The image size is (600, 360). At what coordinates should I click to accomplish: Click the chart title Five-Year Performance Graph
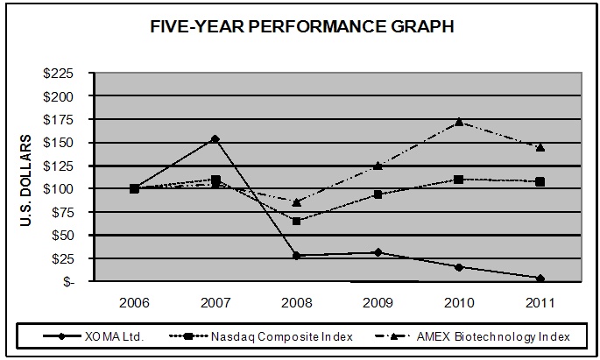tap(300, 27)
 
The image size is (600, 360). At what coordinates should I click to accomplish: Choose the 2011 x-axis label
tap(540, 301)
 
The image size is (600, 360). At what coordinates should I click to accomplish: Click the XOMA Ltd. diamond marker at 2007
tap(215, 138)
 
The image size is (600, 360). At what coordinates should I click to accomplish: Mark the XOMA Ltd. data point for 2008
tap(297, 256)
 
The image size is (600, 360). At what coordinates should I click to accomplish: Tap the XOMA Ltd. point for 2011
tap(540, 279)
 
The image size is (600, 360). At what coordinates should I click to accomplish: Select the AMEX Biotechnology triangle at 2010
tap(459, 122)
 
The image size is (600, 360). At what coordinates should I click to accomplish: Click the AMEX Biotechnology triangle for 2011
tap(540, 147)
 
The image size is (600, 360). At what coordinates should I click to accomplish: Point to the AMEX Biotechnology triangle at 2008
tap(297, 202)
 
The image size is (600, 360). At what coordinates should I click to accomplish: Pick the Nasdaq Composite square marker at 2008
tap(297, 221)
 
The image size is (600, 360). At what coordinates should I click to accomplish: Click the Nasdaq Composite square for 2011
tap(540, 181)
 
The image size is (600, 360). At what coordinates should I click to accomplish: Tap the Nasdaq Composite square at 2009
tap(378, 194)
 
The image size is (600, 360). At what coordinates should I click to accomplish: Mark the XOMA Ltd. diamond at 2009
tap(378, 252)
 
